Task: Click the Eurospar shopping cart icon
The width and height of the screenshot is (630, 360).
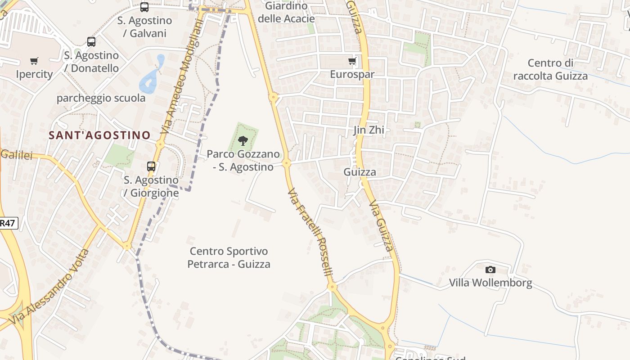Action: [352, 61]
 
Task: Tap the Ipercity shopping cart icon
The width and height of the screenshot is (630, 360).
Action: [34, 61]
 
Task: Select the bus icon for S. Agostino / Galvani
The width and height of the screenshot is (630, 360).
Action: [144, 7]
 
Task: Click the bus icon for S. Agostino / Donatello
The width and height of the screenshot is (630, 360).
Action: [91, 42]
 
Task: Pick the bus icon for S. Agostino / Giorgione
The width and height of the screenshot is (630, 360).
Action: [151, 166]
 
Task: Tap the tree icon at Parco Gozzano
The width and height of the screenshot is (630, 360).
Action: [243, 140]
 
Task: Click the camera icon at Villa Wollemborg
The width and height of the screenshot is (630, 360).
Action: [490, 270]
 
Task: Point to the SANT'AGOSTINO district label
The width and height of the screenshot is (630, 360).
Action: [99, 135]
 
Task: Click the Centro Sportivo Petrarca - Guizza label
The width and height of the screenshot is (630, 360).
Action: [229, 257]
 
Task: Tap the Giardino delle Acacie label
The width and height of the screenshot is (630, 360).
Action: [286, 12]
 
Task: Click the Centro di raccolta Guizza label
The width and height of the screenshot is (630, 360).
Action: [550, 69]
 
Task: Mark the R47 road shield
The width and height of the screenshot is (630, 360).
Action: [8, 223]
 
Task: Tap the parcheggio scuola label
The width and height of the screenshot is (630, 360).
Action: [101, 98]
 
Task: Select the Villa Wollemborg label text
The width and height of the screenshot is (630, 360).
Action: [490, 283]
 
